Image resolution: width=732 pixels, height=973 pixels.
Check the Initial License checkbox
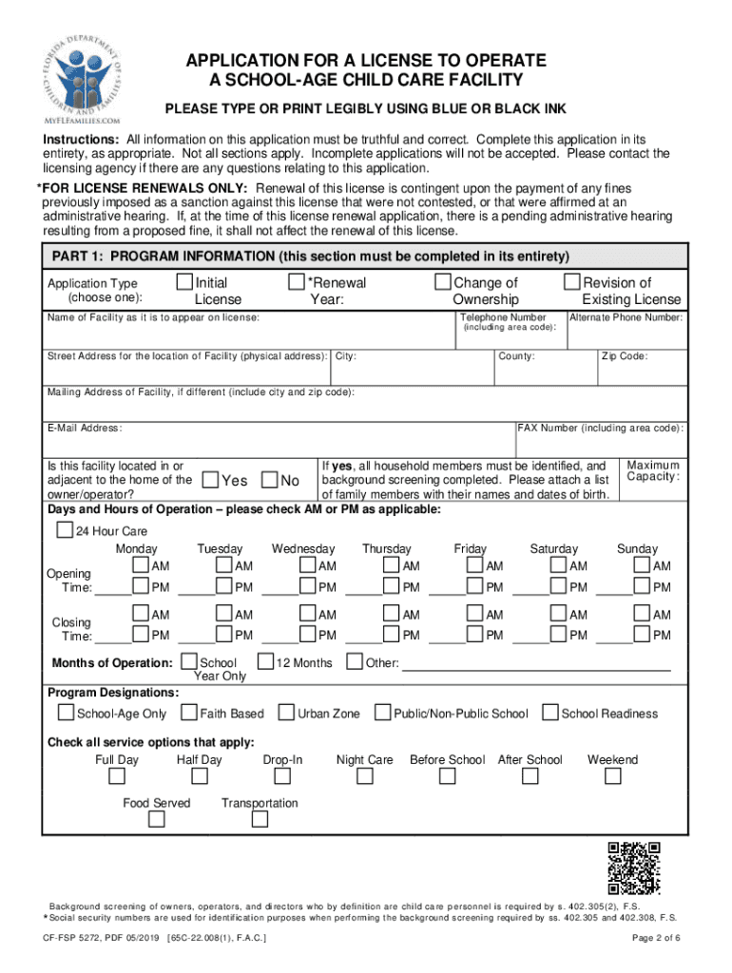pos(184,282)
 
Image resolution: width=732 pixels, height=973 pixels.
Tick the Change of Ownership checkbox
pos(443,282)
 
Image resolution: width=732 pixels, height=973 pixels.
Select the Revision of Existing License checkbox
pos(572,282)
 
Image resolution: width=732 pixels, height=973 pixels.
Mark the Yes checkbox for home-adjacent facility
pos(211,481)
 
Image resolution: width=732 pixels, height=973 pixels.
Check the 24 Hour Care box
pos(65,530)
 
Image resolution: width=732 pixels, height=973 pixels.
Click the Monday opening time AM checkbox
pos(141,565)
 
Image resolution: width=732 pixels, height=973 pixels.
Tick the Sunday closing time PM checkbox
pos(642,635)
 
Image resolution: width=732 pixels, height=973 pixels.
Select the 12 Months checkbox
pos(266,661)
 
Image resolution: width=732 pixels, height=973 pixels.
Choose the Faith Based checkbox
pos(191,713)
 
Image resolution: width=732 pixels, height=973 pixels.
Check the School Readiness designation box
pos(549,713)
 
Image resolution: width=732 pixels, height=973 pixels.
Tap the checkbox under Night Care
pos(365,777)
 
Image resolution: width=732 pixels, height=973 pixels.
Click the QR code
pos(634,868)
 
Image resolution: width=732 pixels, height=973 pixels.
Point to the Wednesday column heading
pos(303,549)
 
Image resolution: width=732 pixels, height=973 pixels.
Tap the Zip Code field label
pos(624,356)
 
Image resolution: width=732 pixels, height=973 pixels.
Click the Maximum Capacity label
pos(653,470)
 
